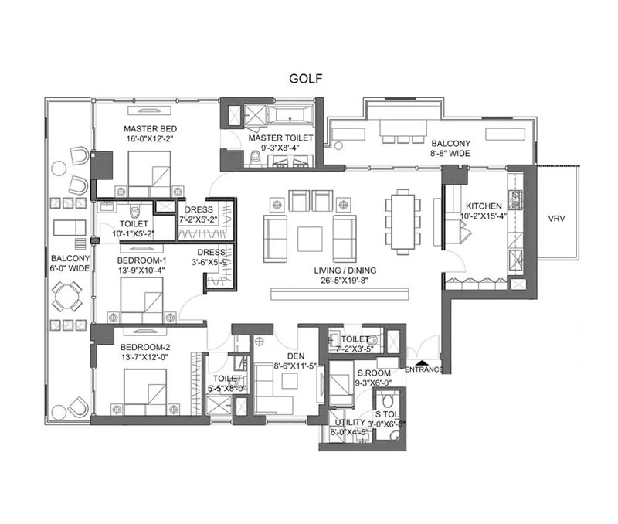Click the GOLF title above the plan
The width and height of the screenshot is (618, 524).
(x=305, y=79)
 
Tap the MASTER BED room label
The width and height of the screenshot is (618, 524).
(x=150, y=129)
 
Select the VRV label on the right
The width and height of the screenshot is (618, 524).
(x=556, y=218)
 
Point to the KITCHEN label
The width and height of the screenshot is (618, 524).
(x=484, y=206)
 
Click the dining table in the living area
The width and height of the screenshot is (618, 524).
(x=402, y=222)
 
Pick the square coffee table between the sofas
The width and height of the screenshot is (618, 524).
(x=310, y=239)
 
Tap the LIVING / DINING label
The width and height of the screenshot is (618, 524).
(x=345, y=271)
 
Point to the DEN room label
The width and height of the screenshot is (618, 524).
(x=296, y=356)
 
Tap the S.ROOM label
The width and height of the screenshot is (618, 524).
(x=374, y=373)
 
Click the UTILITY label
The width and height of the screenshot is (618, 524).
(x=350, y=422)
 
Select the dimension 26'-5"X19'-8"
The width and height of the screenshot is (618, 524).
(x=345, y=281)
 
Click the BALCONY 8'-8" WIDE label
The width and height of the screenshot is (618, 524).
(x=450, y=148)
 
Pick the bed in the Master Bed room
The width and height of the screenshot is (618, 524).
(x=149, y=174)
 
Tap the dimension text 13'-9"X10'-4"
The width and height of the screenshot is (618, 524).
(x=141, y=271)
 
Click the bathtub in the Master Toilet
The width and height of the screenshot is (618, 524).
(x=290, y=115)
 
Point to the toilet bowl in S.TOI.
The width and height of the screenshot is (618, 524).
(x=388, y=401)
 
